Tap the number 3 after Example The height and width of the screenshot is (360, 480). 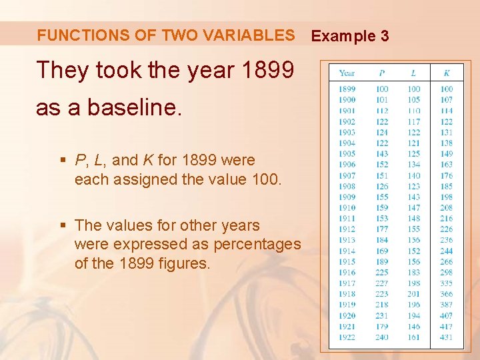[385, 36]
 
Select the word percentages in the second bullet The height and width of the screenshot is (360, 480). [261, 244]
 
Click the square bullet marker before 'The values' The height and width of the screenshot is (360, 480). [63, 225]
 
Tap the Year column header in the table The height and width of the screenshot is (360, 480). [347, 73]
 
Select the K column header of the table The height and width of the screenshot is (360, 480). [446, 73]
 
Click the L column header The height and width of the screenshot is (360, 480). [414, 73]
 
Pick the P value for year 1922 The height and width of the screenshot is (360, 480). [382, 337]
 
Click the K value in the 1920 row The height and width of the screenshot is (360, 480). [446, 315]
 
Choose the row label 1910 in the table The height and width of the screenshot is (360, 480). [347, 207]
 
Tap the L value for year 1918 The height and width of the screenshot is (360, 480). [414, 294]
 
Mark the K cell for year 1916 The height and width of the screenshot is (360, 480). [446, 273]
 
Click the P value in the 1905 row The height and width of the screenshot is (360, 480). [382, 153]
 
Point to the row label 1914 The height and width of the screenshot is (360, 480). [347, 251]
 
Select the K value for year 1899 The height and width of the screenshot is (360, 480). [446, 89]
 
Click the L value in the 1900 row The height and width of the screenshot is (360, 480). [414, 99]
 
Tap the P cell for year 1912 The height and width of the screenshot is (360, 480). [382, 229]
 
